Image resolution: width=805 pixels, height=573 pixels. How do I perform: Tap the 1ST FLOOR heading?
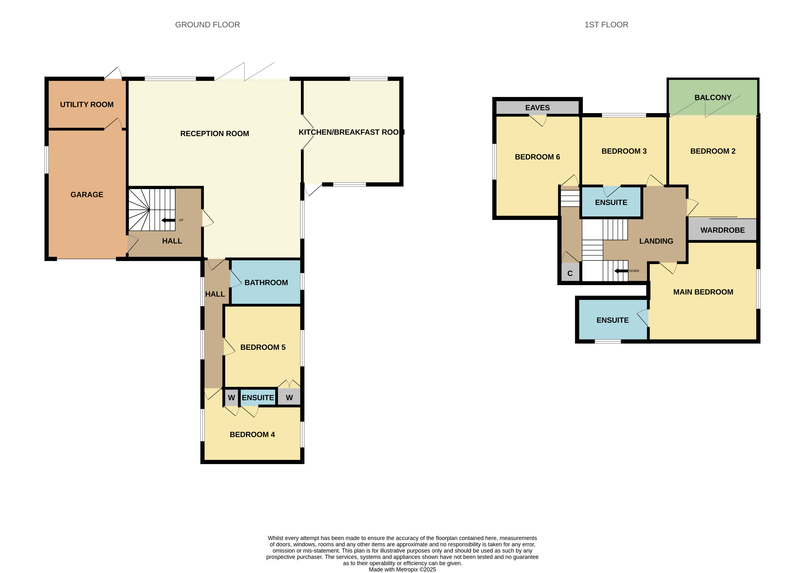pos(606,25)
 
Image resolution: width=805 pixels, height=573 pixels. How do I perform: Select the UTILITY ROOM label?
pos(87,104)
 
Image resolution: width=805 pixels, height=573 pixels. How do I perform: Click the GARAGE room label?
pos(87,195)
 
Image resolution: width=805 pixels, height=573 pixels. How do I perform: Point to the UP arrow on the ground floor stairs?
pos(168,220)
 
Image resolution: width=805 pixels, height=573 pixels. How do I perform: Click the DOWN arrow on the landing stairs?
pos(621,271)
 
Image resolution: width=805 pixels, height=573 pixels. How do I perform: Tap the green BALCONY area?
pos(713,97)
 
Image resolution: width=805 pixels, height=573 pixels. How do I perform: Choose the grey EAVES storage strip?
pos(537,108)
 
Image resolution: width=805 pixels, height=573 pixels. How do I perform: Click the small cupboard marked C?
pos(570,273)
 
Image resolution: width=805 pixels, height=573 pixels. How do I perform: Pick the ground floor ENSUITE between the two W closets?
pos(258,397)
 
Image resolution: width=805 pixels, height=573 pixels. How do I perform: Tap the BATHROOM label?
pos(266,283)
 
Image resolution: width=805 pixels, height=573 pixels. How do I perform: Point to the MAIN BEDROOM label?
pos(703,292)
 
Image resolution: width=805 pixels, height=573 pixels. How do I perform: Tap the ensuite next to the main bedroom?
pos(613,320)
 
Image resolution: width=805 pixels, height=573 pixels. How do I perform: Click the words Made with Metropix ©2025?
pos(402,569)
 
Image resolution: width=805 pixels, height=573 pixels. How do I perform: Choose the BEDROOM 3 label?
pos(624,151)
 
